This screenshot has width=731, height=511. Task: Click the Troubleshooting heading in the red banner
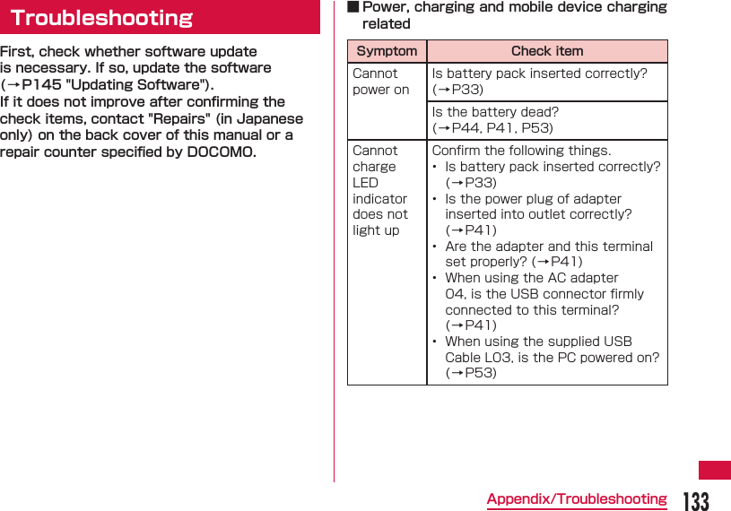click(101, 18)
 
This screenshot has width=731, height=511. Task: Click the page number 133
click(696, 500)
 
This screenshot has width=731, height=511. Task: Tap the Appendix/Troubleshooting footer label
click(577, 499)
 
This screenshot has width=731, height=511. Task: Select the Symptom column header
click(387, 51)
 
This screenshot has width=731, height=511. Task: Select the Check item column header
click(547, 51)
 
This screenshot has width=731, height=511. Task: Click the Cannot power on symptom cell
click(381, 82)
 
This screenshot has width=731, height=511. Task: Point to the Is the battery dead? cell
click(495, 112)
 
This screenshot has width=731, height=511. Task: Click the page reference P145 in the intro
click(41, 85)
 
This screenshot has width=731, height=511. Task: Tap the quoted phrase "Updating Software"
click(139, 85)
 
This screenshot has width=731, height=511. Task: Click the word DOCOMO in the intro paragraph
click(220, 152)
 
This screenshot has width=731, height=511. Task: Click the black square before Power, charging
click(353, 7)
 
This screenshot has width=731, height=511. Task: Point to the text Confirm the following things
click(521, 151)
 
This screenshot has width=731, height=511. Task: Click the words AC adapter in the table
click(582, 278)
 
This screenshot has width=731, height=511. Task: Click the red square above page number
click(715, 470)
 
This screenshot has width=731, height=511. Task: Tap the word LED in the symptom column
click(366, 183)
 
